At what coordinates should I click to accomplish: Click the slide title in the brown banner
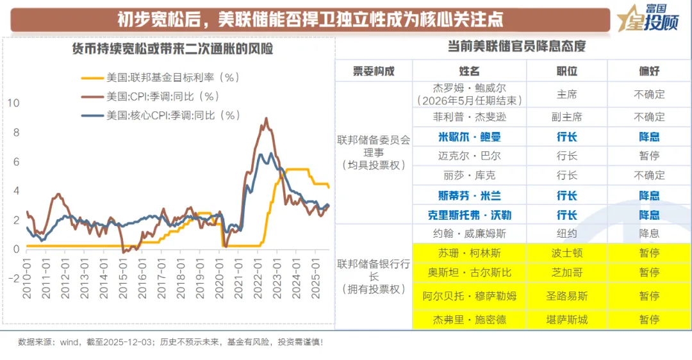(x=309, y=19)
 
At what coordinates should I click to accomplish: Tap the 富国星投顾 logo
(x=648, y=19)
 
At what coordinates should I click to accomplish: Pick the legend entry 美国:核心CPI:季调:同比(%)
(x=172, y=115)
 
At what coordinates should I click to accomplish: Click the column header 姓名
(x=469, y=70)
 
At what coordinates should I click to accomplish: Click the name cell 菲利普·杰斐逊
(x=468, y=117)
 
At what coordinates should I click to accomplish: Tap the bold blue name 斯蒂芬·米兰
(x=468, y=195)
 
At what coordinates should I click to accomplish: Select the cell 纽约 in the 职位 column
(x=566, y=234)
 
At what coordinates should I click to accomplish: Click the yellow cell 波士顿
(x=566, y=253)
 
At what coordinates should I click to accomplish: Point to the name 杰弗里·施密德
(x=468, y=319)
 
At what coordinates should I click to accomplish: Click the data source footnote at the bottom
(x=170, y=342)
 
